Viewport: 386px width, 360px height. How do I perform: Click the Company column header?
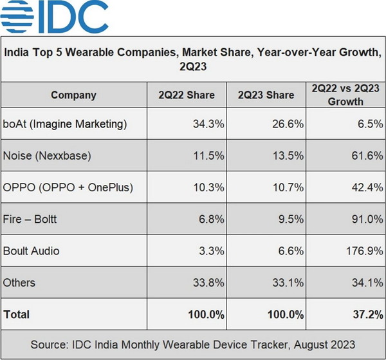pyautogui.click(x=73, y=95)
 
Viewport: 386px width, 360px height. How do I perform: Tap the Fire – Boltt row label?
pyautogui.click(x=30, y=219)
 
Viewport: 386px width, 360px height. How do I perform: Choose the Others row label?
pyautogui.click(x=19, y=282)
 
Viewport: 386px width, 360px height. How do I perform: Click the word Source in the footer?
pyautogui.click(x=50, y=345)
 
